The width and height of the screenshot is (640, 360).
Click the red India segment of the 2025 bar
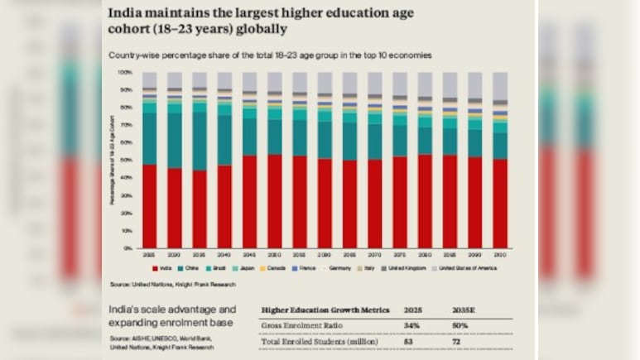pyautogui.click(x=150, y=206)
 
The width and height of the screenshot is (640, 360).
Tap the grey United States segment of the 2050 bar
pyautogui.click(x=275, y=80)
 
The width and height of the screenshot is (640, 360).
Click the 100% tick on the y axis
pyautogui.click(x=125, y=73)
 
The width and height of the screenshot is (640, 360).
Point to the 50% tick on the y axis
pyautogui.click(x=126, y=161)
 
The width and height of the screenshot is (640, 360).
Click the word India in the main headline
pyautogui.click(x=127, y=13)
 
